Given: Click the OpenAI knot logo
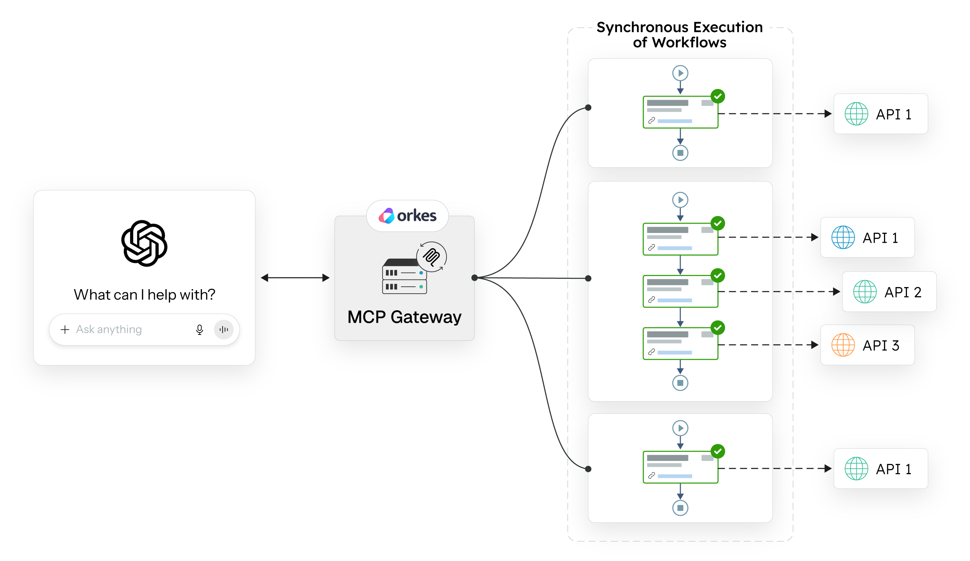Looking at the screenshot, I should tap(144, 243).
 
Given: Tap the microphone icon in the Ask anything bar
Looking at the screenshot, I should tap(200, 329).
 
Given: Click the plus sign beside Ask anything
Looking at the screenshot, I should tap(65, 329).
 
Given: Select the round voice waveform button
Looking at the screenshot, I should tap(224, 329).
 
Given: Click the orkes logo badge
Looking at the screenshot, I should tap(407, 215).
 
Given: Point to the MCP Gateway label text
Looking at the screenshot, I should tap(404, 317).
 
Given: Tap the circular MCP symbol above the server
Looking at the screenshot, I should tap(432, 257).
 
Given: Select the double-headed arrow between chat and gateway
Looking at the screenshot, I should tap(295, 277).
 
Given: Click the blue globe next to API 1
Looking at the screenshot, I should tap(843, 238).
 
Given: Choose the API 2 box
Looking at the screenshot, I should tap(889, 292).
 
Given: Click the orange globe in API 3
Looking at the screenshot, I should tap(843, 345).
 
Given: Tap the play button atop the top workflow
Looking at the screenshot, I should tap(680, 73).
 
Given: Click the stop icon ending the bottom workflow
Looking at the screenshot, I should tap(680, 508).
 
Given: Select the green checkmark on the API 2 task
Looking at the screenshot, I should tap(717, 276).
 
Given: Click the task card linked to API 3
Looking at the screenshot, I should tap(680, 344).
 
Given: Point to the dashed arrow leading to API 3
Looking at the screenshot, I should tap(768, 345).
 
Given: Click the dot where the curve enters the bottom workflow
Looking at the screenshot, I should tap(588, 469).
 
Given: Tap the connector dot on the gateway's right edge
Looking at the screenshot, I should tap(475, 277).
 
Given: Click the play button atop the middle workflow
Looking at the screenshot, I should tap(680, 200).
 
